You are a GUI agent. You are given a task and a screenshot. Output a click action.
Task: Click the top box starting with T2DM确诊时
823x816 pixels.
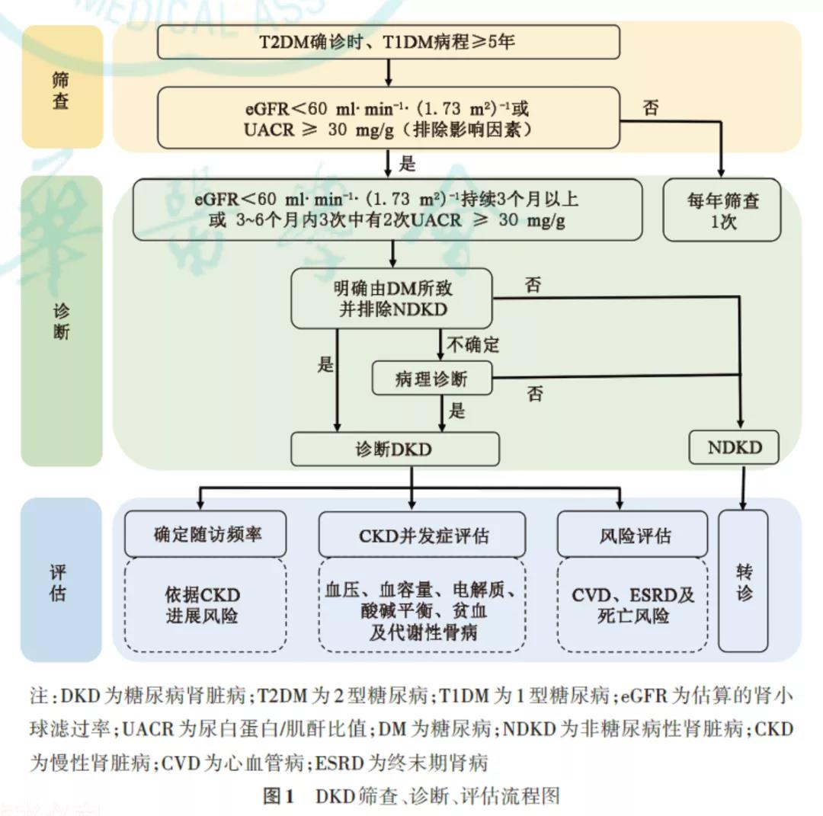coord(388,42)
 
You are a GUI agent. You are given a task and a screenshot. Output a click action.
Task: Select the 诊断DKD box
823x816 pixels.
coord(395,449)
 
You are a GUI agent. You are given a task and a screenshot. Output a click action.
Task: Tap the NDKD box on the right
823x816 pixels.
coord(734,447)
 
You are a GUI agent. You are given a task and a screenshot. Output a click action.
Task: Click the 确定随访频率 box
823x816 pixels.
coord(206,534)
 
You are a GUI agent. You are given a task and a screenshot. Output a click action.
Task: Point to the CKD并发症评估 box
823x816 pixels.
coord(421,535)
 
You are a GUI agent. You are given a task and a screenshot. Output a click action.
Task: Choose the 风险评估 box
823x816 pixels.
coord(634,535)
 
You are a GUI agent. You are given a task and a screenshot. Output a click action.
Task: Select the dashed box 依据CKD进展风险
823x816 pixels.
coord(206,605)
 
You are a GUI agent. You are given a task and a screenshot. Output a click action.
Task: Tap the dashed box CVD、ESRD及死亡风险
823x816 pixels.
coord(634,605)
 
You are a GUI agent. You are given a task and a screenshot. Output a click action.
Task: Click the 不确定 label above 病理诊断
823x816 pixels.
coord(472,344)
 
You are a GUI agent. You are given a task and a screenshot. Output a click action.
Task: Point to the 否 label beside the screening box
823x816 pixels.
coord(652,107)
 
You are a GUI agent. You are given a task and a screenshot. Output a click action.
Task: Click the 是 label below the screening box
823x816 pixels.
coord(408,162)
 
